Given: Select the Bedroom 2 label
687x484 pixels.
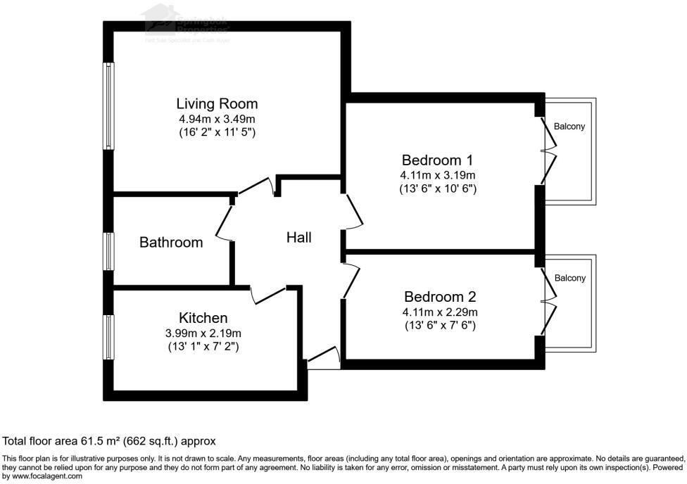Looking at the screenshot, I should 440,297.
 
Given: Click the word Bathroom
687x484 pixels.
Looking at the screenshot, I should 171,243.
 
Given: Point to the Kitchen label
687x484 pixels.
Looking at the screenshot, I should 203,318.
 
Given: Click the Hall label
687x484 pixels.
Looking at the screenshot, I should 298,238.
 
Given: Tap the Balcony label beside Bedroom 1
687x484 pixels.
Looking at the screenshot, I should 569,127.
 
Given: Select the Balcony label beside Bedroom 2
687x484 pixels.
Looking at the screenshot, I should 569,279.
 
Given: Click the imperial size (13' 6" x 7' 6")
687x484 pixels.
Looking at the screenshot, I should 440,326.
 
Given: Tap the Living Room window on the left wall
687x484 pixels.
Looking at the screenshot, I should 108,106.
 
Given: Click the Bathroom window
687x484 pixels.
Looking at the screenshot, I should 108,251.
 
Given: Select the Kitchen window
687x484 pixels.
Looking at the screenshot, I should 108,338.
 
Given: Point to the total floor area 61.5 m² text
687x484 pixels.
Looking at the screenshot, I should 109,441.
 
